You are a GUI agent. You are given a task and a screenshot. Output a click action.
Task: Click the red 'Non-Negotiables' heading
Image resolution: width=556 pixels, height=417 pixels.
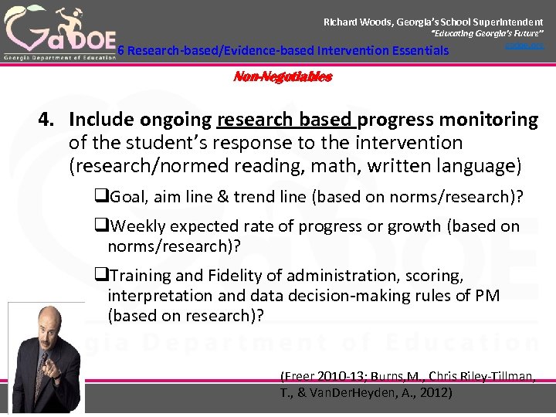283,77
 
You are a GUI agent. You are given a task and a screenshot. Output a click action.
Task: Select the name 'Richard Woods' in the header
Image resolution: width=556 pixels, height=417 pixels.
357,22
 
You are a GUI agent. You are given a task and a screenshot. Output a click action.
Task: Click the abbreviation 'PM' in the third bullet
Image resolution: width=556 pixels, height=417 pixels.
488,295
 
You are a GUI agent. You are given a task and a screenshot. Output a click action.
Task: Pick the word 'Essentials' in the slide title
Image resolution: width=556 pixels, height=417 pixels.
415,51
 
